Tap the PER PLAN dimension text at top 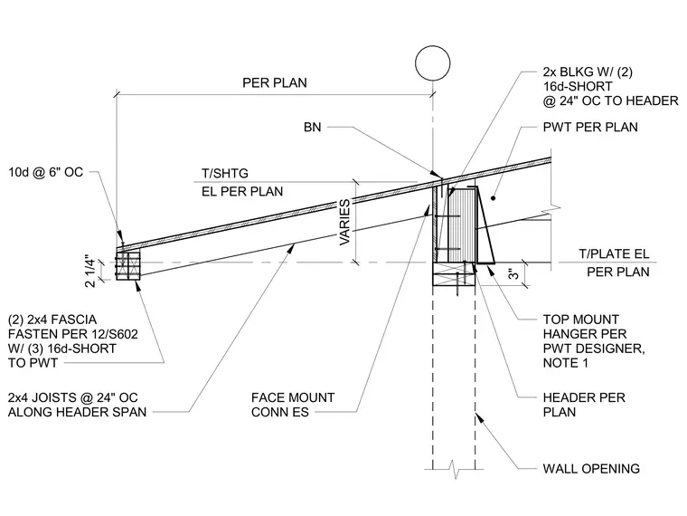275,83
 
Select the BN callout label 313,128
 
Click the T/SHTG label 225,173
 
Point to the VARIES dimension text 344,222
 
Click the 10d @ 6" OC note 45,172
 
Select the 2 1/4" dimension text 89,271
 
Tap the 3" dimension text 513,274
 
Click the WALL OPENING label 591,469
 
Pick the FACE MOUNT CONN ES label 293,405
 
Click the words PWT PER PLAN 590,128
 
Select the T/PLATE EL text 614,254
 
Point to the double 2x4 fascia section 127,266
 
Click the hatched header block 461,225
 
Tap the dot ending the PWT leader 493,198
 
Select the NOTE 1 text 565,363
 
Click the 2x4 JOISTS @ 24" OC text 72,397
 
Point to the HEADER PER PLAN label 584,405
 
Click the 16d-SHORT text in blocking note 578,86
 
